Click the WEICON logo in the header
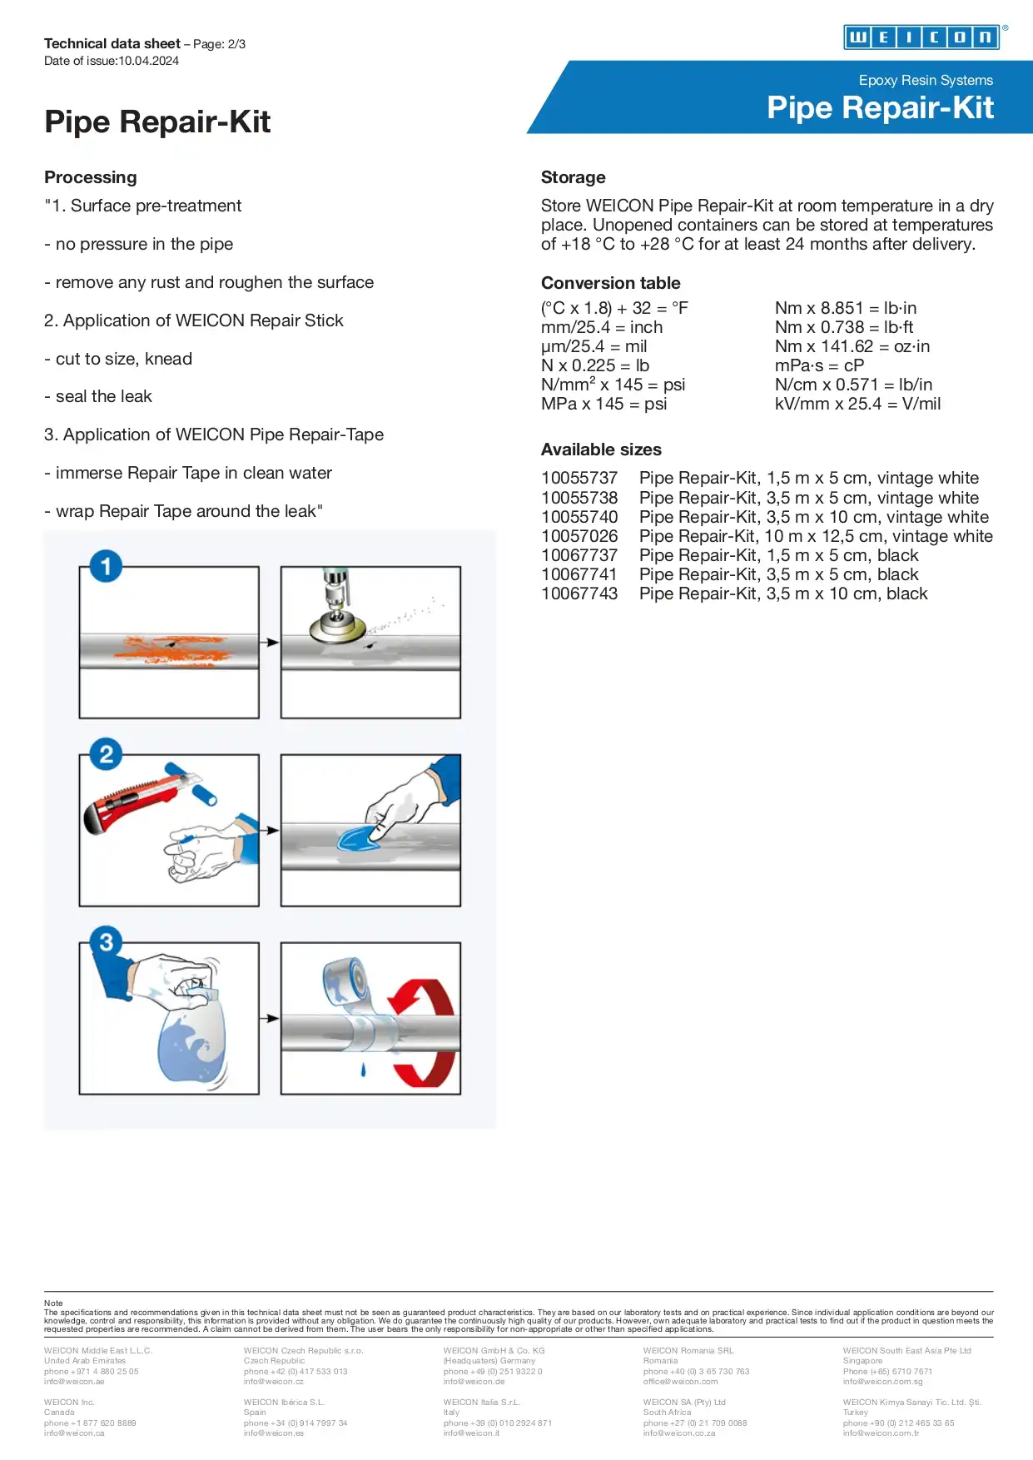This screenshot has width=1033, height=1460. coord(921,37)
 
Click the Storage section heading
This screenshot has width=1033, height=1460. coord(573,177)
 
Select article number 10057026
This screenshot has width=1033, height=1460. coord(579,536)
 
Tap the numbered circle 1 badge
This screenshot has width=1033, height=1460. coord(106,567)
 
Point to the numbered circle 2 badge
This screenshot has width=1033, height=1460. coord(106,755)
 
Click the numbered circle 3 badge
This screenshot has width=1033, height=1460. coord(106,942)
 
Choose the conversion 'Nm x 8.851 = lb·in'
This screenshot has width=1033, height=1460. coord(845,308)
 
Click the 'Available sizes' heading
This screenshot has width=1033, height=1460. coord(601,449)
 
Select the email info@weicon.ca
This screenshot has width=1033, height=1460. coord(74,1433)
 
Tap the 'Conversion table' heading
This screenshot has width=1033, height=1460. coord(610,283)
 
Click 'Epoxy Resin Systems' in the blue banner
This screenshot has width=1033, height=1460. coord(926,80)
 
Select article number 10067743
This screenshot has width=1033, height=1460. coord(579,593)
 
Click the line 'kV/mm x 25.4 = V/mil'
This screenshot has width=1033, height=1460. coord(857,404)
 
